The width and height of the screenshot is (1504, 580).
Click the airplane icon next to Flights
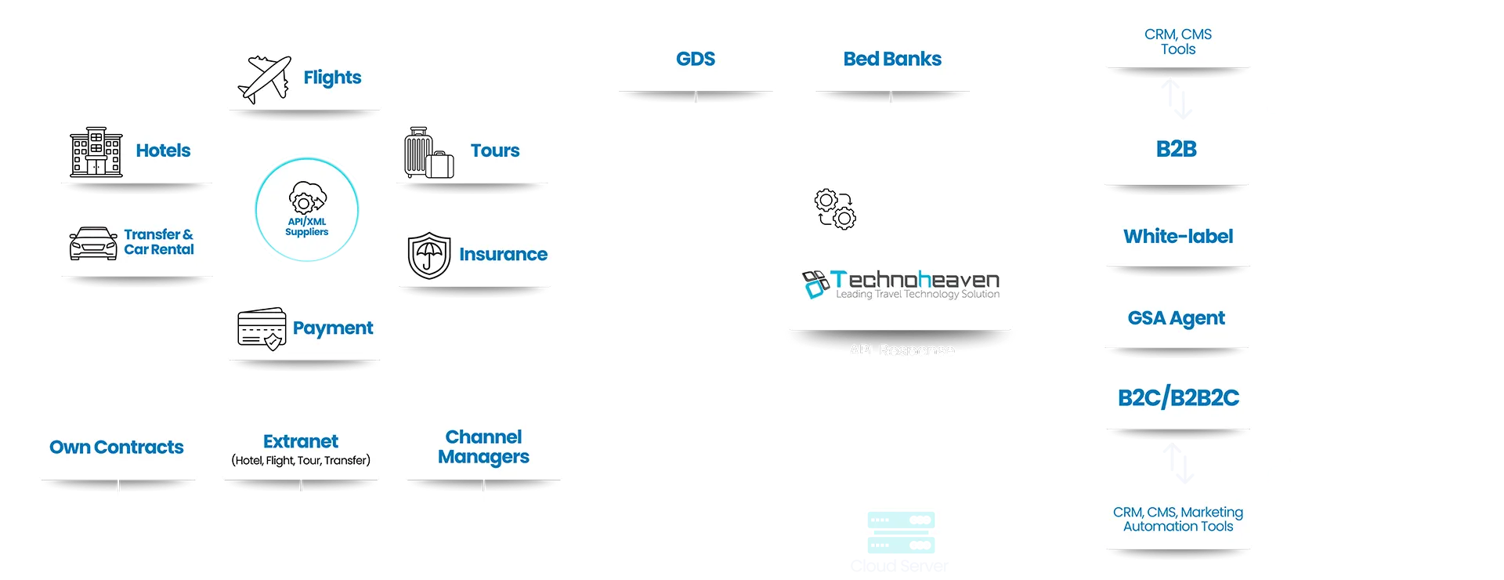tap(265, 79)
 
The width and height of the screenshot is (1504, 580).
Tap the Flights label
tap(332, 78)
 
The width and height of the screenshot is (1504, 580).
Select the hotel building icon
tap(96, 152)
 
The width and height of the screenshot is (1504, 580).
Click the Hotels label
tap(163, 150)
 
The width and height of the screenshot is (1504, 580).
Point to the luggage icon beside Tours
tap(428, 153)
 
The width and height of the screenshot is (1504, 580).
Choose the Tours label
tap(495, 150)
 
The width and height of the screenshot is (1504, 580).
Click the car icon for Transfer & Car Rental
tap(93, 244)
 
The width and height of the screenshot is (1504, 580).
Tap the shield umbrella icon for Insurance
tap(428, 256)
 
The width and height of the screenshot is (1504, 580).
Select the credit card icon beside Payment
tap(262, 328)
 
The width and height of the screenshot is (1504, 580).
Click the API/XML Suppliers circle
tap(306, 210)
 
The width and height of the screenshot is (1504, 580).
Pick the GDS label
tap(696, 59)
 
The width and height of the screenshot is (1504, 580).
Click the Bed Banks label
tap(892, 59)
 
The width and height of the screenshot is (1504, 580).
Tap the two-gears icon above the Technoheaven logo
tap(835, 209)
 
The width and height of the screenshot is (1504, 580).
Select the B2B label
tap(1176, 149)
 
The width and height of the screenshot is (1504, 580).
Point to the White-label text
tap(1178, 237)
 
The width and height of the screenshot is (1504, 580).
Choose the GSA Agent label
tap(1176, 318)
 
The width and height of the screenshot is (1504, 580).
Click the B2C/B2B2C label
tap(1178, 398)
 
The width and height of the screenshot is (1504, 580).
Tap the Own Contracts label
tap(117, 448)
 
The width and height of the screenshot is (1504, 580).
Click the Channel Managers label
tap(483, 447)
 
